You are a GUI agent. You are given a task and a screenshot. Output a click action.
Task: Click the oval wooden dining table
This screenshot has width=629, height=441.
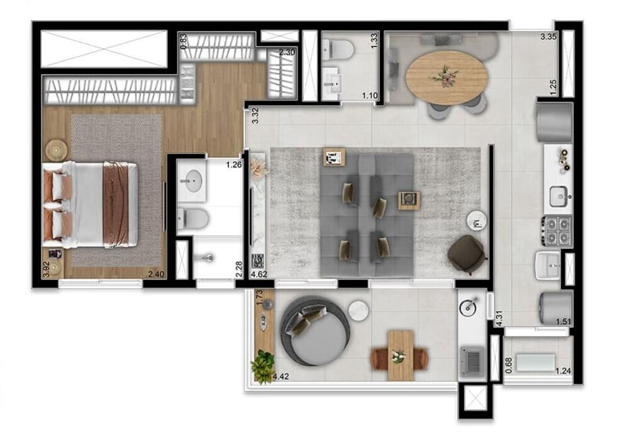click(447, 77)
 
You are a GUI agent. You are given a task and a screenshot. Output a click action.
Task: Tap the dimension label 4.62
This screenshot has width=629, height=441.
click(259, 275)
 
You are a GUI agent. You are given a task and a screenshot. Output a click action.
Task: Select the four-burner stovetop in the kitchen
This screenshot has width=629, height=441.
click(557, 231)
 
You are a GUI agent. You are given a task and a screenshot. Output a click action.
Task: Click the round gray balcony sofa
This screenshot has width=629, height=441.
click(316, 331)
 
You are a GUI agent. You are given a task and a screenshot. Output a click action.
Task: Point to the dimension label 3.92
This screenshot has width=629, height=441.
click(45, 270)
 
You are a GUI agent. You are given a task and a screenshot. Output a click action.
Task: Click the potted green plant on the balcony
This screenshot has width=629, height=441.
click(263, 365)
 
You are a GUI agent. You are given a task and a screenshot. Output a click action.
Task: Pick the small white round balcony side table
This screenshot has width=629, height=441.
click(358, 311)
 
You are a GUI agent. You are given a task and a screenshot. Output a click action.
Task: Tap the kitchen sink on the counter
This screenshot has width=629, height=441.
click(557, 197)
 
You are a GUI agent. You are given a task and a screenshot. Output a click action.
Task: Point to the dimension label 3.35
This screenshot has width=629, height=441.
click(548, 37)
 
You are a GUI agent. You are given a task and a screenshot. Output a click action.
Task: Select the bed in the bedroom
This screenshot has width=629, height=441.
click(91, 204)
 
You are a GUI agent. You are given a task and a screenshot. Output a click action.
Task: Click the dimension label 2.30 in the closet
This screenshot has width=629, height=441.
click(287, 53)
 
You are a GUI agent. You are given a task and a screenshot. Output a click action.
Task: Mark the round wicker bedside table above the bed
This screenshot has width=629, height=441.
click(57, 149)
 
